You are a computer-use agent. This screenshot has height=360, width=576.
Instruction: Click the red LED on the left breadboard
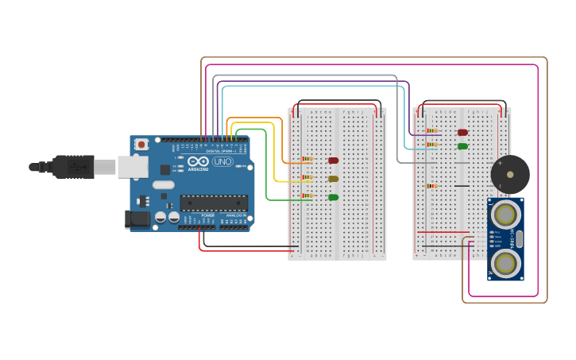pyautogui.click(x=333, y=161)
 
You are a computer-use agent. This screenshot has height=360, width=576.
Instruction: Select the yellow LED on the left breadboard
pyautogui.click(x=333, y=179)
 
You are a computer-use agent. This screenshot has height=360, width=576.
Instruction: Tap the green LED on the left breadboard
pyautogui.click(x=333, y=197)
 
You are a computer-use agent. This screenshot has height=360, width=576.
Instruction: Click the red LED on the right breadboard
pyautogui.click(x=462, y=133)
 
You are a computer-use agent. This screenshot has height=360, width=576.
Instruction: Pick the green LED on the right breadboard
pyautogui.click(x=462, y=146)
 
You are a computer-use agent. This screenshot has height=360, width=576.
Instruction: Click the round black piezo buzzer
pyautogui.click(x=509, y=174)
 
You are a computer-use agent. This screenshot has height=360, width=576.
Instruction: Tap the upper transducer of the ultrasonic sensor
pyautogui.click(x=505, y=215)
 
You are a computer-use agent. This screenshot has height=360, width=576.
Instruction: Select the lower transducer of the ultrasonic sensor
pyautogui.click(x=505, y=263)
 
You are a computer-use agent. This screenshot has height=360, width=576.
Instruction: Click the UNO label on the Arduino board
pyautogui.click(x=222, y=161)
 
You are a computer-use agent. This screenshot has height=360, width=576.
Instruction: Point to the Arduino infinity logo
pyautogui.click(x=198, y=161)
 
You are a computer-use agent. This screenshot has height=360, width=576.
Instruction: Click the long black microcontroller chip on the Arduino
pyautogui.click(x=214, y=203)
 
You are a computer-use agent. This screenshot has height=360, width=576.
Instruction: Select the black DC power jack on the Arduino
pyautogui.click(x=137, y=219)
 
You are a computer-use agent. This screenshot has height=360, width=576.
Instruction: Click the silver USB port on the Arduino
pyautogui.click(x=133, y=166)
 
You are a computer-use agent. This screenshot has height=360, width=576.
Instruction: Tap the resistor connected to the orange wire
pyautogui.click(x=307, y=159)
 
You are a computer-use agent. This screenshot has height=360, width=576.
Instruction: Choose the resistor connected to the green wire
pyautogui.click(x=307, y=195)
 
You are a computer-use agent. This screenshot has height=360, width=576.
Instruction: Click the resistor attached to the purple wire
pyautogui.click(x=431, y=131)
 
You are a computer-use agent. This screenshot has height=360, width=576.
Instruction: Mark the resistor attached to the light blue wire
pyautogui.click(x=431, y=145)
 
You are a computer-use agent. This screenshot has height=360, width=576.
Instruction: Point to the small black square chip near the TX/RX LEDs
pyautogui.click(x=164, y=169)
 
